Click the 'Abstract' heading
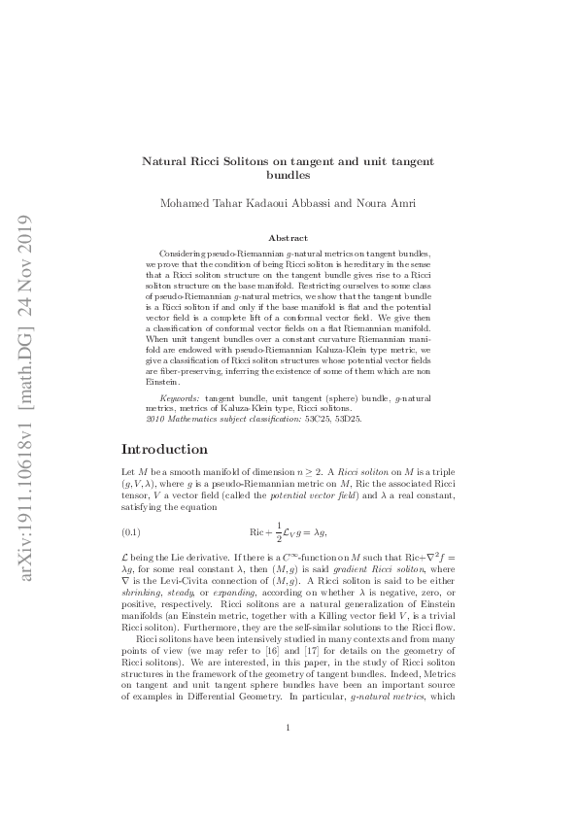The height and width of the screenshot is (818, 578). tap(289, 238)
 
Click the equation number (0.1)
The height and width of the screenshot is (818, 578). tap(131, 532)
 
